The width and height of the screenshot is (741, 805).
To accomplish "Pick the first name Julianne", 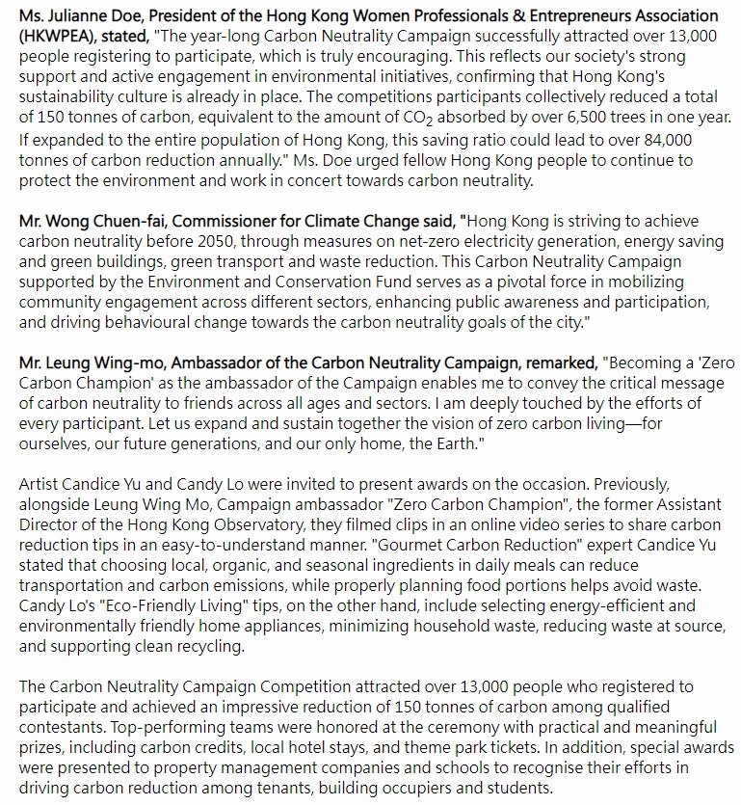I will point(93,15).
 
